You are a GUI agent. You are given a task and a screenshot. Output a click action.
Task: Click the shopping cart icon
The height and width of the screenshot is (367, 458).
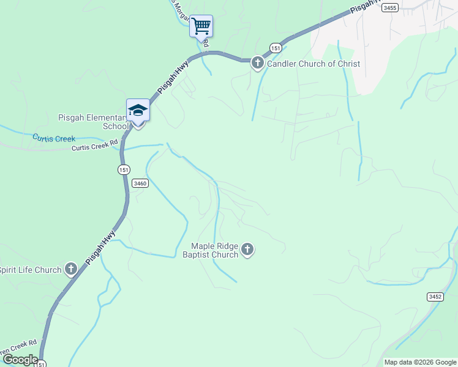coord(201,26)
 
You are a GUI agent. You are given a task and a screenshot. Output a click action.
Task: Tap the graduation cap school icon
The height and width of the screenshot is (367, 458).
coord(138,111)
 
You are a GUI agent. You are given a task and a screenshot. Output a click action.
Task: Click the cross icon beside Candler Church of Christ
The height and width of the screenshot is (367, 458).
coord(258,63)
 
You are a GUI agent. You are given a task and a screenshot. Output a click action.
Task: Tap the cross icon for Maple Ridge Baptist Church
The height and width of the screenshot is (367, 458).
coord(247,249)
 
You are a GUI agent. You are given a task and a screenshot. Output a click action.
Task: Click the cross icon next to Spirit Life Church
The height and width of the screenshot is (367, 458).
coord(71,269)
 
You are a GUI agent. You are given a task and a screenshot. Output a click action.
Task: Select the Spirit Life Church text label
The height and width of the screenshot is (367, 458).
coord(31,270)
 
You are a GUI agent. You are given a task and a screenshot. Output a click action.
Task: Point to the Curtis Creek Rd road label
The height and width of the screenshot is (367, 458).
coord(94,147)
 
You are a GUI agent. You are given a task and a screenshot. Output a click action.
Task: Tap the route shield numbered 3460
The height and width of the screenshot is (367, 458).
coord(140,183)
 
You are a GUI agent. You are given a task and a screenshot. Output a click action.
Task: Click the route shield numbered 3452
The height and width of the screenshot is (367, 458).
coord(435,296)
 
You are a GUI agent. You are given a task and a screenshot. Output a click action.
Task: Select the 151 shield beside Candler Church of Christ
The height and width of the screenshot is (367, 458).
coord(276,48)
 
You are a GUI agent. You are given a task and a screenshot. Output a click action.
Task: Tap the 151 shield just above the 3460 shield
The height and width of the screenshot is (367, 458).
coord(124,169)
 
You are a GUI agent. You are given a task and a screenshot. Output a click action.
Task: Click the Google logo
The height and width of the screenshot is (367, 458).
coord(20,360)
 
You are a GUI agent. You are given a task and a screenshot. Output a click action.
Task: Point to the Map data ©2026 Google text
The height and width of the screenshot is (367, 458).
coord(420,362)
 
